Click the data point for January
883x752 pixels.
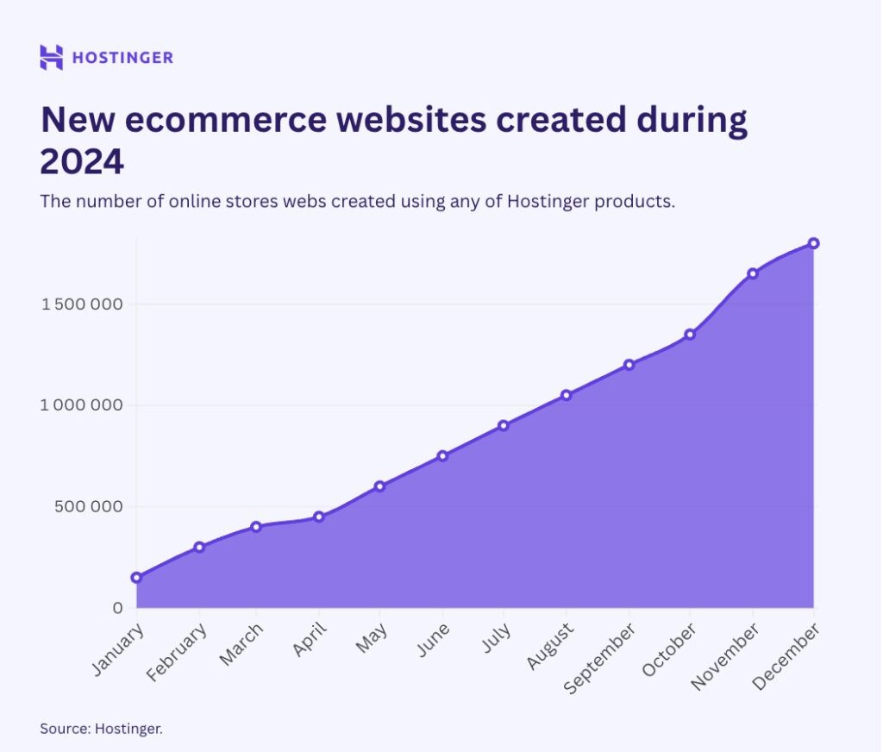point(136,577)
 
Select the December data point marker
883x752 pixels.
point(813,243)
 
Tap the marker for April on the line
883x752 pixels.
point(319,517)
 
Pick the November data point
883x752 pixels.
point(753,273)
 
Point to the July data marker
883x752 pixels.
point(504,425)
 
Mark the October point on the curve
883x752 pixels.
point(690,334)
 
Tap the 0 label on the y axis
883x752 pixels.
point(118,608)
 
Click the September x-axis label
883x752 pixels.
point(600,658)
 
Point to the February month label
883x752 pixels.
point(178,653)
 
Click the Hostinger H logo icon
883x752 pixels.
point(52,57)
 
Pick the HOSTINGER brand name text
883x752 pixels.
point(122,58)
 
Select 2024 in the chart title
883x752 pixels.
point(82,160)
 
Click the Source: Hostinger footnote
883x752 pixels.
point(101,729)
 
